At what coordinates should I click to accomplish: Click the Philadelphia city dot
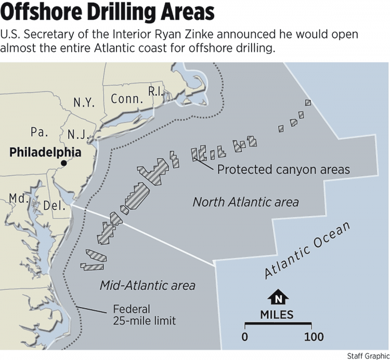click(x=63, y=163)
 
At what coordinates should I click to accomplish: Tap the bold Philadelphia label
click(x=46, y=152)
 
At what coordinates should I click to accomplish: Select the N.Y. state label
click(x=84, y=102)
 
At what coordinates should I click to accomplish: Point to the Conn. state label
click(x=126, y=99)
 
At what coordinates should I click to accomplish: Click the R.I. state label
click(x=155, y=91)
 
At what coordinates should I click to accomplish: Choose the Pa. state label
click(x=39, y=132)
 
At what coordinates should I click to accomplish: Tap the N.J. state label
click(x=80, y=136)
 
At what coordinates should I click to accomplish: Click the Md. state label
click(x=18, y=198)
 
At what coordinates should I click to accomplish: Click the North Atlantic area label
click(x=245, y=201)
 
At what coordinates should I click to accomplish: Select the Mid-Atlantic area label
click(x=148, y=285)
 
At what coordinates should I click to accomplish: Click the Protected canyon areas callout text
click(x=283, y=169)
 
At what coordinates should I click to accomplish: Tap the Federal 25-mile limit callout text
click(x=144, y=315)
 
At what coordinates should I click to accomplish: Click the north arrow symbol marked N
click(x=278, y=298)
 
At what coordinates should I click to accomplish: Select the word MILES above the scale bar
click(x=277, y=315)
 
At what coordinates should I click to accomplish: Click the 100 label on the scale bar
click(x=314, y=337)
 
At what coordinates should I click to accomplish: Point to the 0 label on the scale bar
click(x=244, y=337)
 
